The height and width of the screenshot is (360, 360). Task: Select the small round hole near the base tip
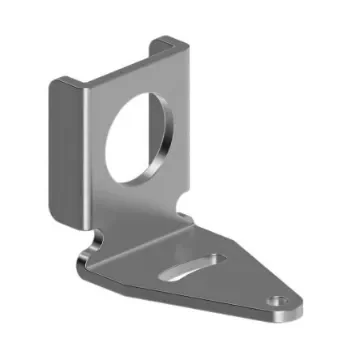279,300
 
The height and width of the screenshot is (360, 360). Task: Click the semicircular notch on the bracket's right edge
186,205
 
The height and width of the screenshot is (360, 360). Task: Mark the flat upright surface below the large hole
130,205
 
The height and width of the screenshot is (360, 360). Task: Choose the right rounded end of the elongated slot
217,259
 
